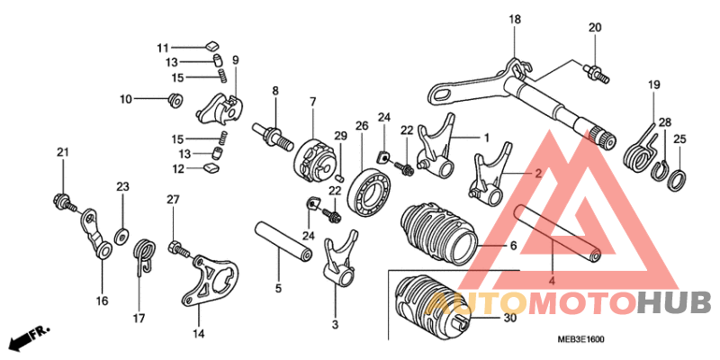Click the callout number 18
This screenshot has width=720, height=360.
coord(515,20)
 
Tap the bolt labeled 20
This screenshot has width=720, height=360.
coord(596,74)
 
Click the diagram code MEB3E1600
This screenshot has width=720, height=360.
coord(580,340)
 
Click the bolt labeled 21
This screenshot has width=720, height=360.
coord(63,202)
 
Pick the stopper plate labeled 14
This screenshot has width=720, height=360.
coord(210,282)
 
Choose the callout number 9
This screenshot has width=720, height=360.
coord(235,59)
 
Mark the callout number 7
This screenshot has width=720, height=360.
coord(312,102)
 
